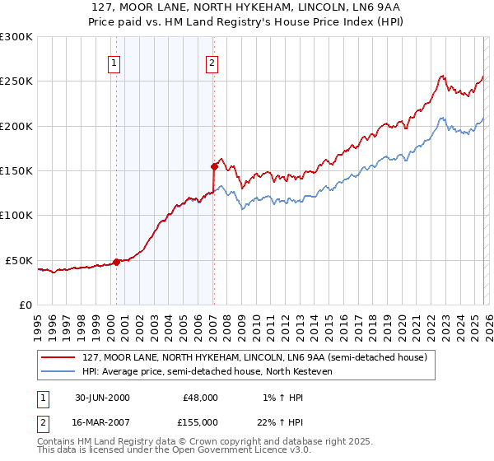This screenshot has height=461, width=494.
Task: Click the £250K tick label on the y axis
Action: [x=16, y=81]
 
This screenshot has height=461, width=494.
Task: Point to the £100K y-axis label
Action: [x=16, y=216]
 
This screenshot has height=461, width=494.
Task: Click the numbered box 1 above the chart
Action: [x=114, y=63]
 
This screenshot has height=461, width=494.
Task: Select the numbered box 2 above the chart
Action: [x=212, y=63]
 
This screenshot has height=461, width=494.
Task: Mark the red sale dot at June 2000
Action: [x=117, y=262]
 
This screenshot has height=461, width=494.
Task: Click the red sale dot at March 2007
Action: [x=214, y=166]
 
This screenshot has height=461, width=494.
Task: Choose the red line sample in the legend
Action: [x=58, y=358]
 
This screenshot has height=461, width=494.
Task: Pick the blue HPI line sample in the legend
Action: [x=58, y=372]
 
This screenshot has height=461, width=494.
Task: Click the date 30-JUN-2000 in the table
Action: [x=102, y=397]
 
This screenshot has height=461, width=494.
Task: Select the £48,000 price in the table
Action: [x=200, y=397]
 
